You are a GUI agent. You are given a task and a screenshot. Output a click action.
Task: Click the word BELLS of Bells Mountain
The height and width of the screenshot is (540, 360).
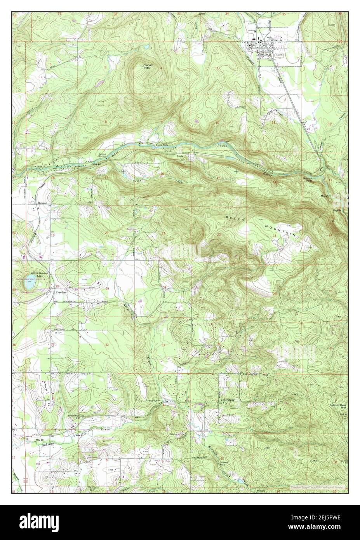click(235, 218)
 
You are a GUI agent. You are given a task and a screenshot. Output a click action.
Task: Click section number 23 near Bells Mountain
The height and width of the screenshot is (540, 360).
click(274, 235)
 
